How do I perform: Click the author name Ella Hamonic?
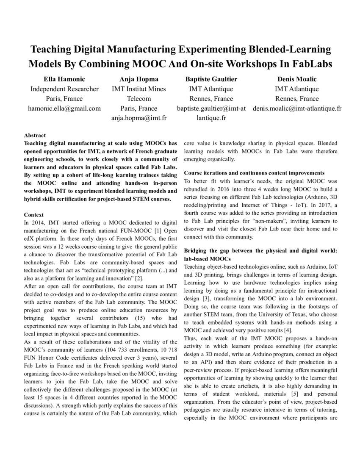coord(64,79)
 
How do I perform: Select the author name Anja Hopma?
coord(138,79)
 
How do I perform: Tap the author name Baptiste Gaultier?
coord(211,79)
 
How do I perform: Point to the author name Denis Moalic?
coord(297,79)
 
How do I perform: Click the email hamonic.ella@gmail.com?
coord(64,108)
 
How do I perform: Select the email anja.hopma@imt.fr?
coord(138,118)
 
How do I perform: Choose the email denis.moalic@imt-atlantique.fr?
coord(297,108)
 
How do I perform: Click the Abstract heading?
coord(35,136)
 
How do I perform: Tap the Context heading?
coord(34,215)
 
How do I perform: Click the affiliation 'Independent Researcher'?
coord(64,89)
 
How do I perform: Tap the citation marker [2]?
coord(127,278)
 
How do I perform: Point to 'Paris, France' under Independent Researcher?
coord(64,99)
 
